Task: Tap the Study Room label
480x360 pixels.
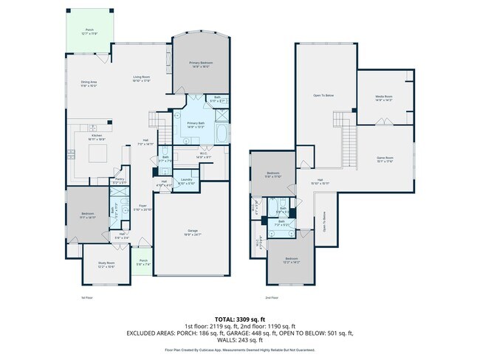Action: (x=106, y=263)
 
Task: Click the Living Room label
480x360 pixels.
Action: (x=142, y=79)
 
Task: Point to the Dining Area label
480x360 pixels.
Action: (x=90, y=83)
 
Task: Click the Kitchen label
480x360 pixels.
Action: (x=96, y=136)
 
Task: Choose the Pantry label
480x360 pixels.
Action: (x=119, y=180)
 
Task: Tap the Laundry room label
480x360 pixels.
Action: (x=186, y=181)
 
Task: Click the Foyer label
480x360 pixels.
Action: (x=143, y=207)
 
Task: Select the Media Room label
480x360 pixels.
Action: (x=383, y=98)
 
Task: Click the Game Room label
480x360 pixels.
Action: (x=384, y=159)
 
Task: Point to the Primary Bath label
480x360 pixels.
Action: (x=196, y=125)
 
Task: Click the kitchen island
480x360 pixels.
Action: (x=97, y=153)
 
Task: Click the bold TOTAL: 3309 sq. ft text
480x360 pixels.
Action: (x=239, y=319)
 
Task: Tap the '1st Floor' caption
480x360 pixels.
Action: (x=87, y=297)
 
